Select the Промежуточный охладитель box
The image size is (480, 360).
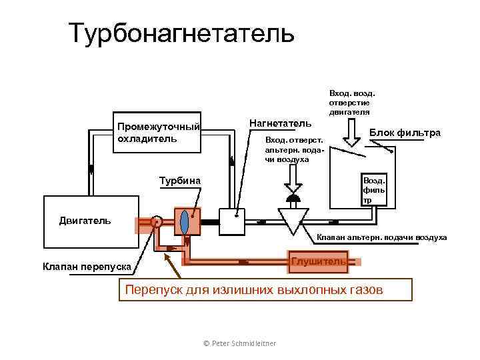coord(158,133)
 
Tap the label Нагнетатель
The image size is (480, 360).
coord(279,123)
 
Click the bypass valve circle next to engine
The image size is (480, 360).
coord(157,223)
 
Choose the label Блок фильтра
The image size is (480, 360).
coord(405,133)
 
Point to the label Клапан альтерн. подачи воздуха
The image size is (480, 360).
coord(381,237)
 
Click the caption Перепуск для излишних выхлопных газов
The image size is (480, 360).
coord(265,290)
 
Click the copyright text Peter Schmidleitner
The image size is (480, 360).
coord(239,343)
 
